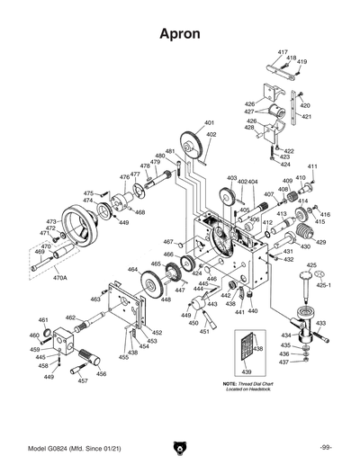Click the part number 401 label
click(210, 122)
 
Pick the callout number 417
click(283, 53)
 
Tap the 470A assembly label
click(60, 278)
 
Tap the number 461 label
click(43, 320)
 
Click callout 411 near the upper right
click(312, 167)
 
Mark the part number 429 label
click(320, 242)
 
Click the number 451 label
click(205, 331)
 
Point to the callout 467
click(168, 242)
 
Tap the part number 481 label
click(169, 151)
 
